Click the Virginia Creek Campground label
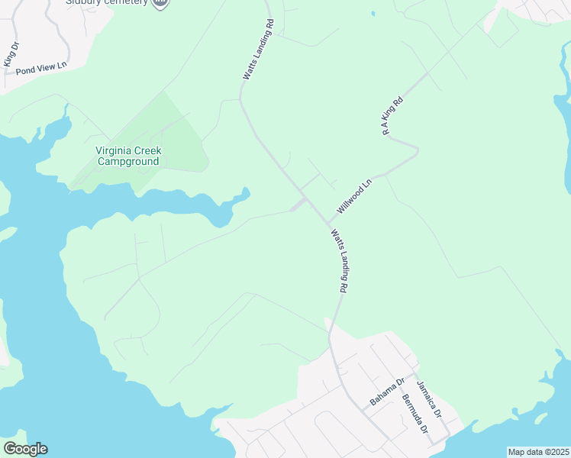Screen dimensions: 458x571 (x=127, y=156)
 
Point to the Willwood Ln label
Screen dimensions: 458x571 (x=354, y=195)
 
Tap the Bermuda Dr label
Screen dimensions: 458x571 (x=414, y=414)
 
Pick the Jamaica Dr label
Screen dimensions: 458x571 (x=430, y=398)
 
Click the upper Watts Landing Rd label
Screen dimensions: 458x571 (x=258, y=50)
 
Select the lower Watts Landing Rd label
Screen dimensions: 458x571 (x=340, y=260)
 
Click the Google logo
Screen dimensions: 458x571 (x=25, y=449)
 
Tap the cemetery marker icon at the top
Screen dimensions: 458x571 (x=160, y=2)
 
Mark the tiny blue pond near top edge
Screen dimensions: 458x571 (x=373, y=14)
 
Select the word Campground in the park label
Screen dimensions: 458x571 (x=127, y=161)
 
